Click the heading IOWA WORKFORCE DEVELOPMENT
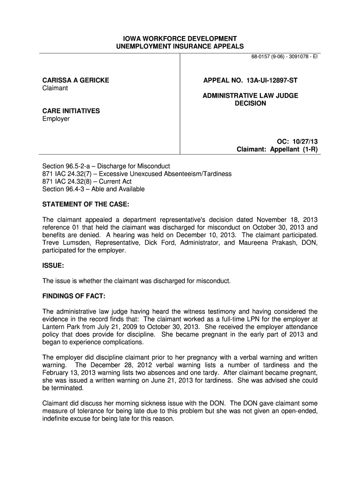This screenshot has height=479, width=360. click(x=180, y=38)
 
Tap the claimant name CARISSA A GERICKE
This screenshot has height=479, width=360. click(x=76, y=80)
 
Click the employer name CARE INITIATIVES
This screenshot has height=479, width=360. click(x=71, y=111)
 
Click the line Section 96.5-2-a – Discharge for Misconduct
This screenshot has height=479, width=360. click(x=106, y=166)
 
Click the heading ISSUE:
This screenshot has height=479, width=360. click(x=53, y=265)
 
